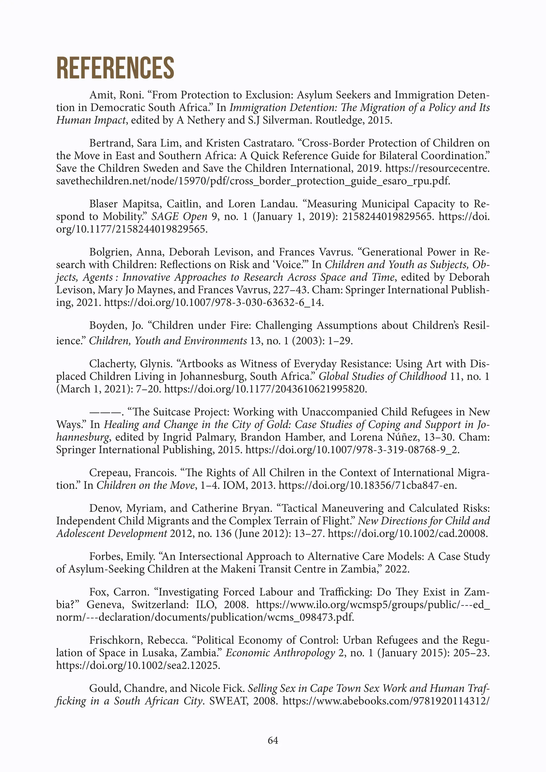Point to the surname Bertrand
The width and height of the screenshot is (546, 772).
pyautogui.click(x=111, y=143)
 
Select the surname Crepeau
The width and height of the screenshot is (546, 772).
pyautogui.click(x=110, y=473)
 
